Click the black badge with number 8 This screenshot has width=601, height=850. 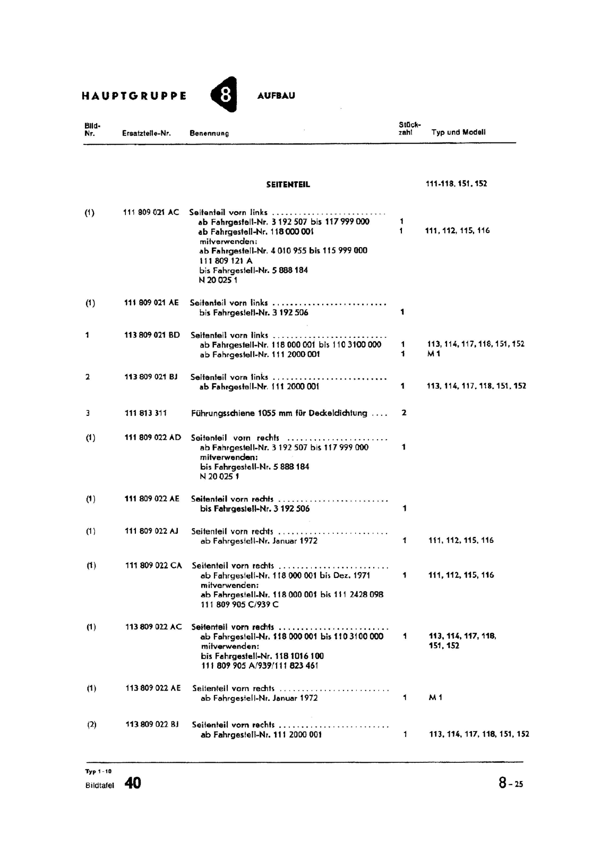point(225,95)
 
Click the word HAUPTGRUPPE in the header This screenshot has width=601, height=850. point(134,96)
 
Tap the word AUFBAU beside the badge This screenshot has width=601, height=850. point(276,96)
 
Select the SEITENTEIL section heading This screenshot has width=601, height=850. point(288,184)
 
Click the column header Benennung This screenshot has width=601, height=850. point(209,133)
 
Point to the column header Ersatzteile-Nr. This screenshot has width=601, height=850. point(147,133)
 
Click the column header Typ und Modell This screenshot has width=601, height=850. point(458,132)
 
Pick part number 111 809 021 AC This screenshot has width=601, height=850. point(151,212)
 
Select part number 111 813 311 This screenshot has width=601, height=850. point(145,413)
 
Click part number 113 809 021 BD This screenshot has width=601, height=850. point(152,335)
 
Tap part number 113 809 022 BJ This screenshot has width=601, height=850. point(152,724)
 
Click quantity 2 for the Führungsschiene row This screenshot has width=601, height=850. point(404,413)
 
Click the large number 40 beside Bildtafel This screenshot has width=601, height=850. point(133,783)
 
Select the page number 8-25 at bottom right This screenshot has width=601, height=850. point(510,783)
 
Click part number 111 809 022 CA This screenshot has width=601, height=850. point(153,565)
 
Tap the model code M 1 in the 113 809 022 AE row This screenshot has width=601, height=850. point(435,698)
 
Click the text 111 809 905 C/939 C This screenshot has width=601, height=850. point(239,605)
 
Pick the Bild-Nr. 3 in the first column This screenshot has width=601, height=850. point(88,413)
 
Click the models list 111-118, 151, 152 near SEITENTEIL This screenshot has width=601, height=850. point(456,184)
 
